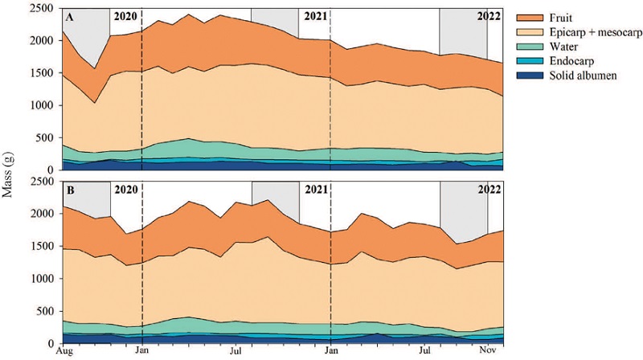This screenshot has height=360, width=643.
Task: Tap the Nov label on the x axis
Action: click(487, 351)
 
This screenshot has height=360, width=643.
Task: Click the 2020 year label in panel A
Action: click(126, 15)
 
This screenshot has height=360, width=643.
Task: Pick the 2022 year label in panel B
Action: click(488, 191)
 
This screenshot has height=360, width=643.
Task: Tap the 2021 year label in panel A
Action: click(315, 15)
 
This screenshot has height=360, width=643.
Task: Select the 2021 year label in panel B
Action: click(315, 191)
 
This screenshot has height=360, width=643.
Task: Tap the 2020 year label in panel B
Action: click(126, 191)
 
